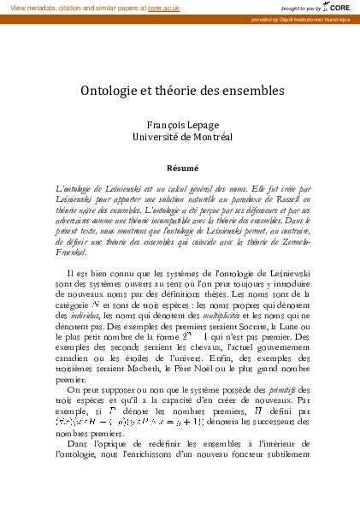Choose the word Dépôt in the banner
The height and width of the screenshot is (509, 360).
click(292, 18)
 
